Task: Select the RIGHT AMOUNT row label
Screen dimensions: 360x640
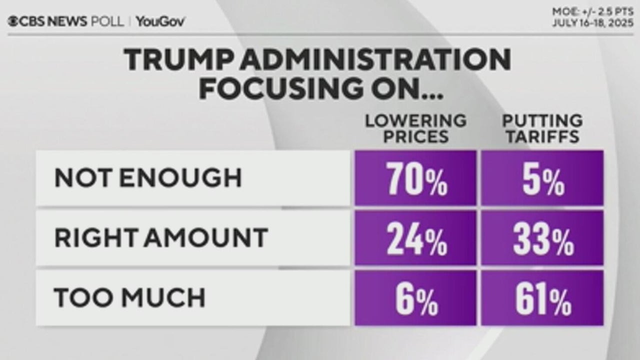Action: click(160, 238)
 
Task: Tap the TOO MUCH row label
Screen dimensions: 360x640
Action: click(129, 298)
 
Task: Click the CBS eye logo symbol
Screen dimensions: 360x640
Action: click(12, 21)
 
